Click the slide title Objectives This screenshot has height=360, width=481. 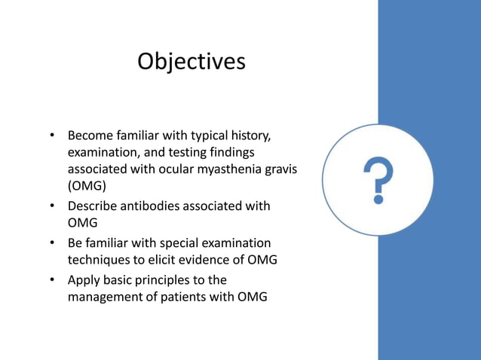(x=191, y=61)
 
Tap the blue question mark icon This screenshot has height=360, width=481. (x=378, y=180)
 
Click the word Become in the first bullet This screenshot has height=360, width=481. (x=90, y=136)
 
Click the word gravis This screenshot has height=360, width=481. (x=280, y=170)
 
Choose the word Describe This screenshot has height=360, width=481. (x=93, y=206)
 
